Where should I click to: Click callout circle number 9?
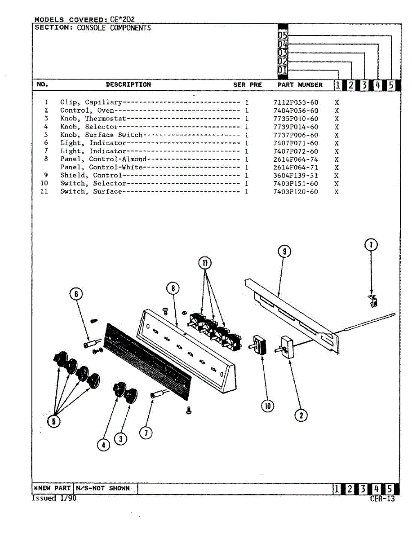[x=284, y=252]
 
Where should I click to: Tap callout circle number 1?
[x=371, y=245]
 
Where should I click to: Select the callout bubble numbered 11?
[x=205, y=263]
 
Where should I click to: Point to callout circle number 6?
[x=76, y=294]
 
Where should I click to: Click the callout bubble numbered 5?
[x=54, y=421]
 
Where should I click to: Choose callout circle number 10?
[x=268, y=406]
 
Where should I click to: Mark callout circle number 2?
[x=301, y=415]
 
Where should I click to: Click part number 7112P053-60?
[x=295, y=102]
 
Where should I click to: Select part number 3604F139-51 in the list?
[x=295, y=176]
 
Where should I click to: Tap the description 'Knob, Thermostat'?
[x=93, y=119]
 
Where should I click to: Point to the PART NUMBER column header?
[x=300, y=85]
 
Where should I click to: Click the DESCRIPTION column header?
[x=128, y=84]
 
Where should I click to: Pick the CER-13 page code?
[x=382, y=499]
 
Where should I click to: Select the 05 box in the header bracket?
[x=282, y=35]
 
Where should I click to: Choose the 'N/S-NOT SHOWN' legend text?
[x=103, y=488]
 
